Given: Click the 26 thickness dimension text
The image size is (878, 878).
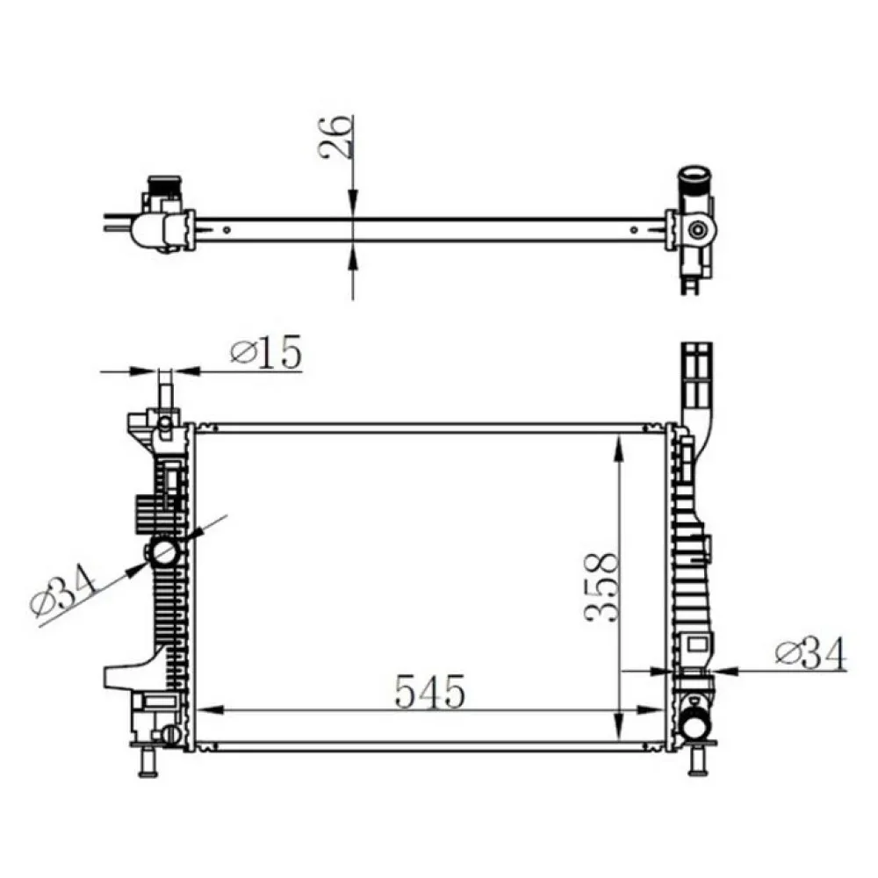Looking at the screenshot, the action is (336, 137).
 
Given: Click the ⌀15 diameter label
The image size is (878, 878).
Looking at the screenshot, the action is (266, 352).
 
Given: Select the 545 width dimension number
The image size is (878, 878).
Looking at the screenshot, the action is (430, 691).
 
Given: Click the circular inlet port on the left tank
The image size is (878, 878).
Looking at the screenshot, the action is (163, 553).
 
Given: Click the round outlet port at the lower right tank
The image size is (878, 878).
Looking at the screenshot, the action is (695, 727).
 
